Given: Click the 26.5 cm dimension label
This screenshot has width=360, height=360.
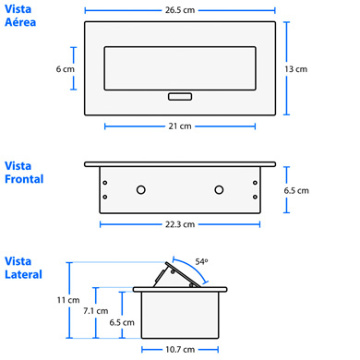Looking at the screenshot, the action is (180, 10).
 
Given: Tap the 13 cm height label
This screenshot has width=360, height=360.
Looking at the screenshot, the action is (296, 69).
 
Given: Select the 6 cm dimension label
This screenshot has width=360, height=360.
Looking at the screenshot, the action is (66, 69).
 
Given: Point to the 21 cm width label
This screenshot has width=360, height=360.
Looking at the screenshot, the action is (180, 126).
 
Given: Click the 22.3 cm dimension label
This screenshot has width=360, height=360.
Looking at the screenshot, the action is (180, 224).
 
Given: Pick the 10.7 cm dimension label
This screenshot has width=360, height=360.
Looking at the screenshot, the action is (180, 350).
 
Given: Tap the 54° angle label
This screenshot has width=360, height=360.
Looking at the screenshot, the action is (201, 262).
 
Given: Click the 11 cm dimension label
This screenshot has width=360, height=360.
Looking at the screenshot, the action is (68, 300).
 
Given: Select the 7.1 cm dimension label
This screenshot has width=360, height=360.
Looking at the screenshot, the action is (96, 311).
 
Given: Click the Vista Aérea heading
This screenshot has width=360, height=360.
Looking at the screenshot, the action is (20, 16).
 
